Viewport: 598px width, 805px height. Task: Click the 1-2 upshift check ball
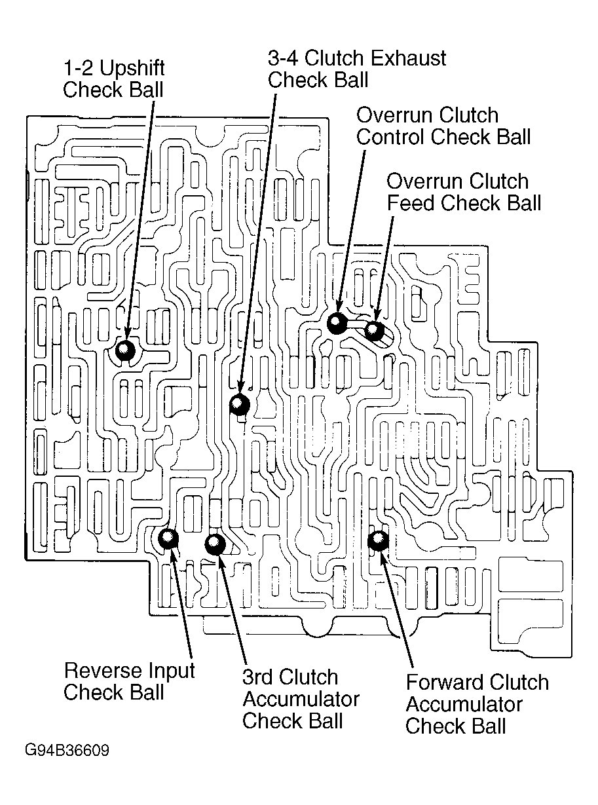tap(125, 350)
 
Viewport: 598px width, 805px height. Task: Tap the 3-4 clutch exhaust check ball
tap(240, 404)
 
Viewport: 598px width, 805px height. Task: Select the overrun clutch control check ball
tap(337, 323)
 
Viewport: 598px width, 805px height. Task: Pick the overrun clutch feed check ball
tap(374, 330)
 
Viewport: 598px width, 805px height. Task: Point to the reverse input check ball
tap(168, 538)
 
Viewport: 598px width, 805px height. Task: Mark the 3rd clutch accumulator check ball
tap(215, 543)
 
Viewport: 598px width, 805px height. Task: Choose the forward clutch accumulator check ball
tap(378, 540)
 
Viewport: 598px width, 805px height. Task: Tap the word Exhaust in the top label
tap(407, 58)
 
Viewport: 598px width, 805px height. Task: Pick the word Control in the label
tap(390, 137)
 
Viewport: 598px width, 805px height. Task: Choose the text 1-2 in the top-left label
tap(76, 68)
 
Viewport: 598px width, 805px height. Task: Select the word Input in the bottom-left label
tap(172, 671)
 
